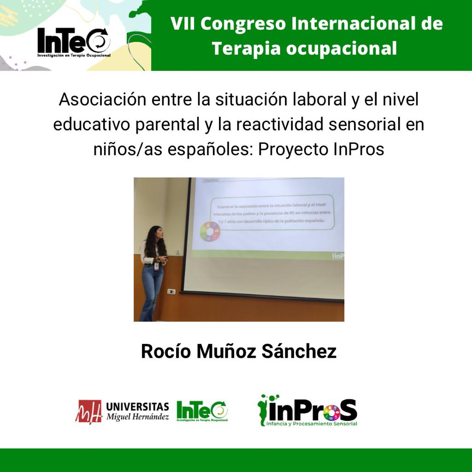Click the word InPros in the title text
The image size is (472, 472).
click(359, 150)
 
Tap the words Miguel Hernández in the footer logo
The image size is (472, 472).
click(137, 416)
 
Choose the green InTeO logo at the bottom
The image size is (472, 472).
click(202, 410)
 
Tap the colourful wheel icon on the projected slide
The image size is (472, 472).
click(210, 231)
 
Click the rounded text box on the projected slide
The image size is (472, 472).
click(272, 212)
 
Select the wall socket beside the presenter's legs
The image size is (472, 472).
click(171, 291)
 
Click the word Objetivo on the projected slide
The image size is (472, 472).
click(210, 181)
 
